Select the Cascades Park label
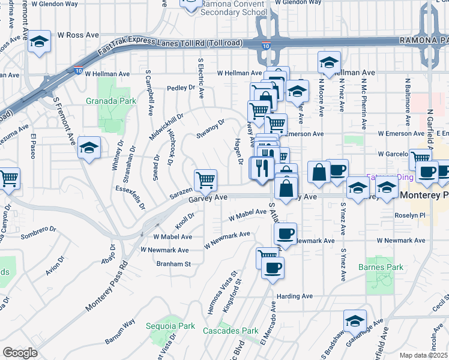[x=239, y=331]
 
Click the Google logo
[x=20, y=353]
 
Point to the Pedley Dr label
[x=182, y=88]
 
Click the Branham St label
[x=173, y=263]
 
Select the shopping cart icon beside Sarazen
[x=205, y=179]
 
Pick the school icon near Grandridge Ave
[x=355, y=320]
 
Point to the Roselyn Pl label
[x=410, y=215]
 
